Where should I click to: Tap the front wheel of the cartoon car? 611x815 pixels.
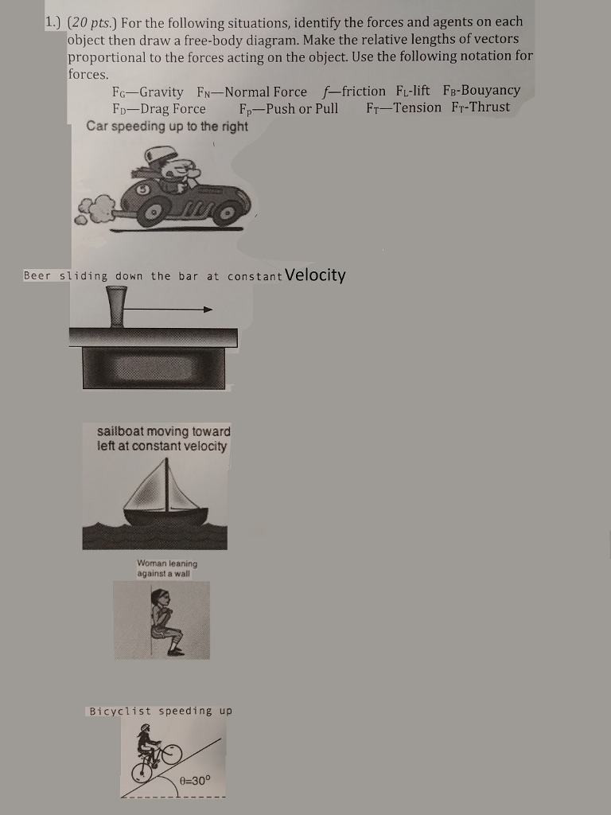pos(228,213)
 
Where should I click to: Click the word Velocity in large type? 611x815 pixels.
pos(315,275)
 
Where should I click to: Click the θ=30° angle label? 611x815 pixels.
pos(196,780)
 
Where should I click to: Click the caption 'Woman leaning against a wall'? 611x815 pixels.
pos(167,568)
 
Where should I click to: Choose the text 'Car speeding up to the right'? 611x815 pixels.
pos(167,126)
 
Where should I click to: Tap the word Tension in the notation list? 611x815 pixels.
pos(416,107)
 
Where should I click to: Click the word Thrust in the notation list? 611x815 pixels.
pos(490,107)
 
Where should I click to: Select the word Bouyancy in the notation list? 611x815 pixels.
pos(490,91)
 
